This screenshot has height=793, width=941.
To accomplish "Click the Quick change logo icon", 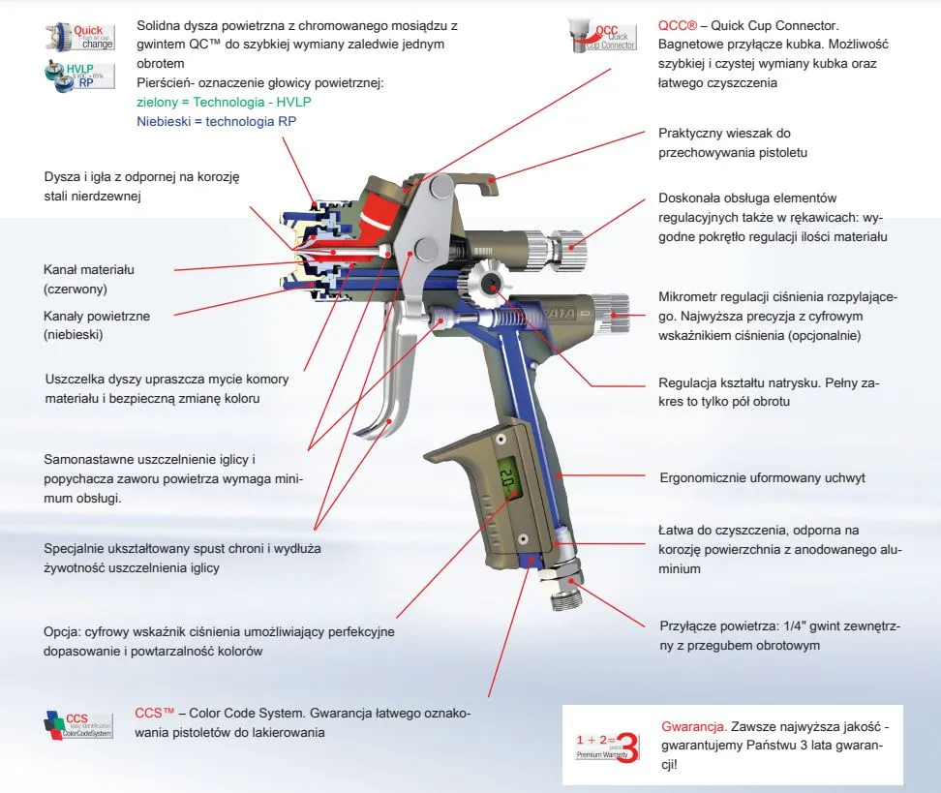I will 79,38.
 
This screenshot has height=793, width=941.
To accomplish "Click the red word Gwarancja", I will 693,725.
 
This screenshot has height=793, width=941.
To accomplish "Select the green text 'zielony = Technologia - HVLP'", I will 225,102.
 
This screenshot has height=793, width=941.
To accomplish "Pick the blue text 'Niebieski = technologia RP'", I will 216,121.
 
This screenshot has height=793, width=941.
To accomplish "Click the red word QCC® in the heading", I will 677,26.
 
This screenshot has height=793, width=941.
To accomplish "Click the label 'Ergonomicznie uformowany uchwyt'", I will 762,477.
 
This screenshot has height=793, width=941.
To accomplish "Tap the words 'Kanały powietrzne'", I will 96,316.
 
